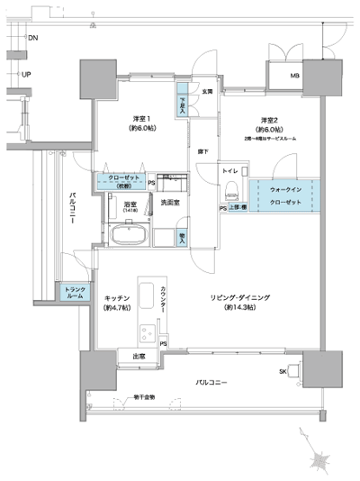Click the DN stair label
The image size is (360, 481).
click(x=32, y=39)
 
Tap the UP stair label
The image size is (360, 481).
click(x=27, y=75)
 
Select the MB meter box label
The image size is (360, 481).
click(x=293, y=75)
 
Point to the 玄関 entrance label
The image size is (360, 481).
click(x=206, y=90)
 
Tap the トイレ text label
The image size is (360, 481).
click(x=230, y=168)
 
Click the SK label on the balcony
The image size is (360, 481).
click(x=282, y=370)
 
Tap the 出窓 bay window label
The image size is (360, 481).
click(x=139, y=358)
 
